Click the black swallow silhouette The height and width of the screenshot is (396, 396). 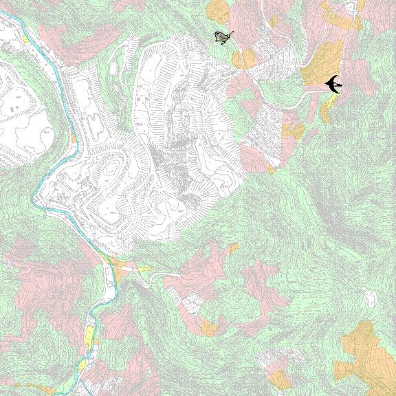[x=333, y=84]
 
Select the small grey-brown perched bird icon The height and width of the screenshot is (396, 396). [x=222, y=37]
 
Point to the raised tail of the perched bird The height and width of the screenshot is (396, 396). [x=231, y=32]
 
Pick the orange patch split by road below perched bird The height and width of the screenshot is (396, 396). [x=243, y=59]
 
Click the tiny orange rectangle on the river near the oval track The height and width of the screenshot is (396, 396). [x=74, y=138]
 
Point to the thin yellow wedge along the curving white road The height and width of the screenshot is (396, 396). [x=144, y=269]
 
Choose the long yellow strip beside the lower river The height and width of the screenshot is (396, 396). [x=89, y=336]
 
